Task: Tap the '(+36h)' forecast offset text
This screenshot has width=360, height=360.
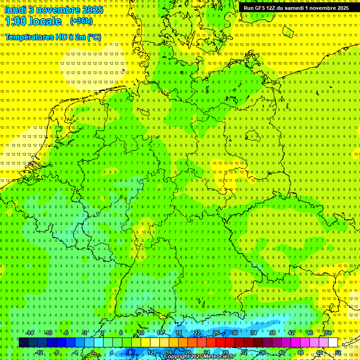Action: (81, 21)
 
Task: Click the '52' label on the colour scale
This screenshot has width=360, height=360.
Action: (338, 352)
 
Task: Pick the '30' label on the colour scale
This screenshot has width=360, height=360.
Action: (234, 332)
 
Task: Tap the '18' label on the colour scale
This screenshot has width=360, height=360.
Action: (178, 332)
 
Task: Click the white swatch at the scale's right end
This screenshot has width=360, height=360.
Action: (333, 342)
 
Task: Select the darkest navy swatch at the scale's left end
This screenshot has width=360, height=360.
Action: (23, 342)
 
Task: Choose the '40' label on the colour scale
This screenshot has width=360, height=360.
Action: (282, 352)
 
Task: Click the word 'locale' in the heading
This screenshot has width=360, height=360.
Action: (45, 21)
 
